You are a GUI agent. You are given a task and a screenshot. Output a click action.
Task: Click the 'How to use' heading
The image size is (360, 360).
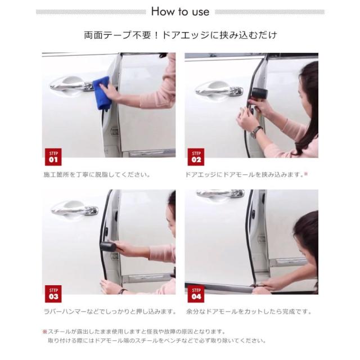(x=180, y=11)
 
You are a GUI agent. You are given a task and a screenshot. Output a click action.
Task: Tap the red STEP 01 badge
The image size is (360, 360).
(x=53, y=157)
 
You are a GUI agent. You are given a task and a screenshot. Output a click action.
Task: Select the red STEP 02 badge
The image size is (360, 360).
(x=196, y=157)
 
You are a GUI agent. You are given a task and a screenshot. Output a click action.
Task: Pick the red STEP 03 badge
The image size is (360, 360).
(x=53, y=294)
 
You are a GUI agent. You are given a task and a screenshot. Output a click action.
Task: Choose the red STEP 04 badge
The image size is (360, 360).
(x=196, y=294)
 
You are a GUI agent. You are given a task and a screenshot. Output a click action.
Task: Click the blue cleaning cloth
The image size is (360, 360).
(x=101, y=93)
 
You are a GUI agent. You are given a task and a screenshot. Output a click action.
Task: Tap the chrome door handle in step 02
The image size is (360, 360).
(x=219, y=89)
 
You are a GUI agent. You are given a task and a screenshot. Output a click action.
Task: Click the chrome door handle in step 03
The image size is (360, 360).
(x=75, y=209)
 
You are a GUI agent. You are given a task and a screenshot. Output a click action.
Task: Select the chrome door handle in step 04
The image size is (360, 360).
(x=220, y=193)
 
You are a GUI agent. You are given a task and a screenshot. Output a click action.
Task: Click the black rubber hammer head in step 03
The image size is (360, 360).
(x=108, y=246)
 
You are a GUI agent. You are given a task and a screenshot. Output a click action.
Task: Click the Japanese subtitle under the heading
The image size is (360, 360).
(x=181, y=35)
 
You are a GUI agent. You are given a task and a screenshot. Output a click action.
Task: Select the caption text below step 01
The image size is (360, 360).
(x=97, y=175)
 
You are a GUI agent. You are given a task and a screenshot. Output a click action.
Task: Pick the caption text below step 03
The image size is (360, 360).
(x=110, y=312)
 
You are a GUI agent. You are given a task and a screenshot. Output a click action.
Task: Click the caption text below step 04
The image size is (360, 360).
(x=249, y=312)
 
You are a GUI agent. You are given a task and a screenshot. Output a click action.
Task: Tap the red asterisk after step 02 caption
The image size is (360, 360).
(x=306, y=174)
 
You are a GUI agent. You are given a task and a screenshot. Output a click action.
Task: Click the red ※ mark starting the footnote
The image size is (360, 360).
(x=45, y=331)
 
